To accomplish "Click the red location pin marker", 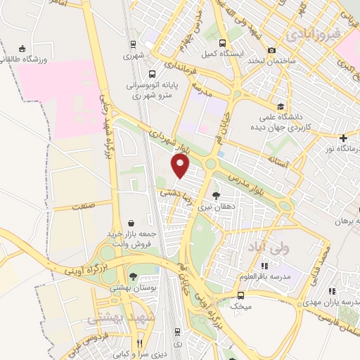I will tap(181, 166).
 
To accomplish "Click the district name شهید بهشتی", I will tap(112, 319).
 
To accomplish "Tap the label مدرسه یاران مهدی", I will tap(332, 298).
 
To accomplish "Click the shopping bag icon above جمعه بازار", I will tap(130, 222).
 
